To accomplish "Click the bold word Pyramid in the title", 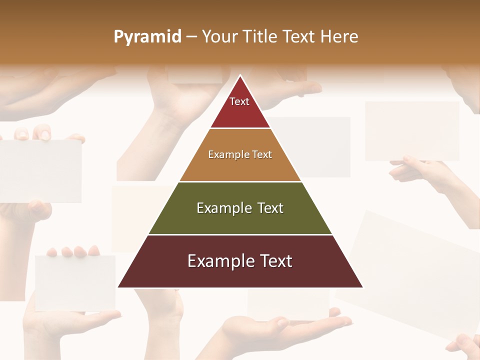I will [x=147, y=36].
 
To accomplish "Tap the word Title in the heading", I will [x=260, y=36].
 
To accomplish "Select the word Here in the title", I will [x=339, y=36].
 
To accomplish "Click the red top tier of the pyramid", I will [x=240, y=112].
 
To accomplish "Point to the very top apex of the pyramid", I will [x=240, y=76].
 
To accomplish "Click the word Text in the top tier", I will [x=239, y=101].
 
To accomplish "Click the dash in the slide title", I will [x=191, y=36].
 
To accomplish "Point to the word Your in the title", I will [x=220, y=36].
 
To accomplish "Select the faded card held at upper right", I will [x=412, y=131].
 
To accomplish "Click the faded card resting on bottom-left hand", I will [x=75, y=282].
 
